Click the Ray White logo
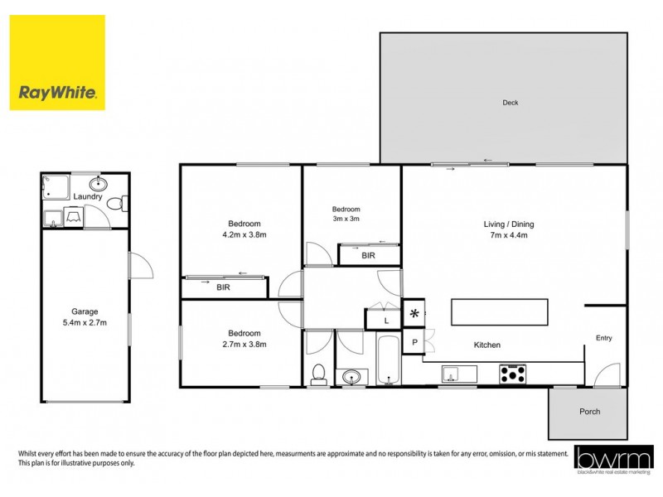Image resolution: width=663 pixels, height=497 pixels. pyautogui.click(x=57, y=62)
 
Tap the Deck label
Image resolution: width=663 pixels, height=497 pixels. pyautogui.click(x=510, y=103)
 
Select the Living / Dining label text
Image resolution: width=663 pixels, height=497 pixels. pyautogui.click(x=509, y=224)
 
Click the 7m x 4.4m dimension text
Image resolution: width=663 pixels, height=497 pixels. pyautogui.click(x=509, y=235)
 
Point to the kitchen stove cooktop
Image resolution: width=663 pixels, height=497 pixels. pyautogui.click(x=512, y=374)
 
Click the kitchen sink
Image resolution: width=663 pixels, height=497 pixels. pyautogui.click(x=455, y=374)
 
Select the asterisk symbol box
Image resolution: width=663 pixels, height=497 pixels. pyautogui.click(x=414, y=314)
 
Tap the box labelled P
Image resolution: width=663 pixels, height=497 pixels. pyautogui.click(x=414, y=342)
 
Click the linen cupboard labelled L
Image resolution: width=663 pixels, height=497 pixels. pyautogui.click(x=385, y=320)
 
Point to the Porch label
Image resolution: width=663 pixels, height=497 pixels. pyautogui.click(x=589, y=412)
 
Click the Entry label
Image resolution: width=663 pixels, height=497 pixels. pyautogui.click(x=604, y=337)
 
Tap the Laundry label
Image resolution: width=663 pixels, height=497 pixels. pyautogui.click(x=88, y=196)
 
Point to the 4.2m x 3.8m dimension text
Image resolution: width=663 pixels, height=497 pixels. pyautogui.click(x=244, y=235)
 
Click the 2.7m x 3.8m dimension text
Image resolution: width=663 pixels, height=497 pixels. pyautogui.click(x=244, y=344)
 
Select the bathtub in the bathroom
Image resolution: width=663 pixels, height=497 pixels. pyautogui.click(x=388, y=361)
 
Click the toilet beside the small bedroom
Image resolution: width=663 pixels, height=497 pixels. pyautogui.click(x=317, y=374)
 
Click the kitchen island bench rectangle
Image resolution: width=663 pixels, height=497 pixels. pyautogui.click(x=499, y=313)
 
